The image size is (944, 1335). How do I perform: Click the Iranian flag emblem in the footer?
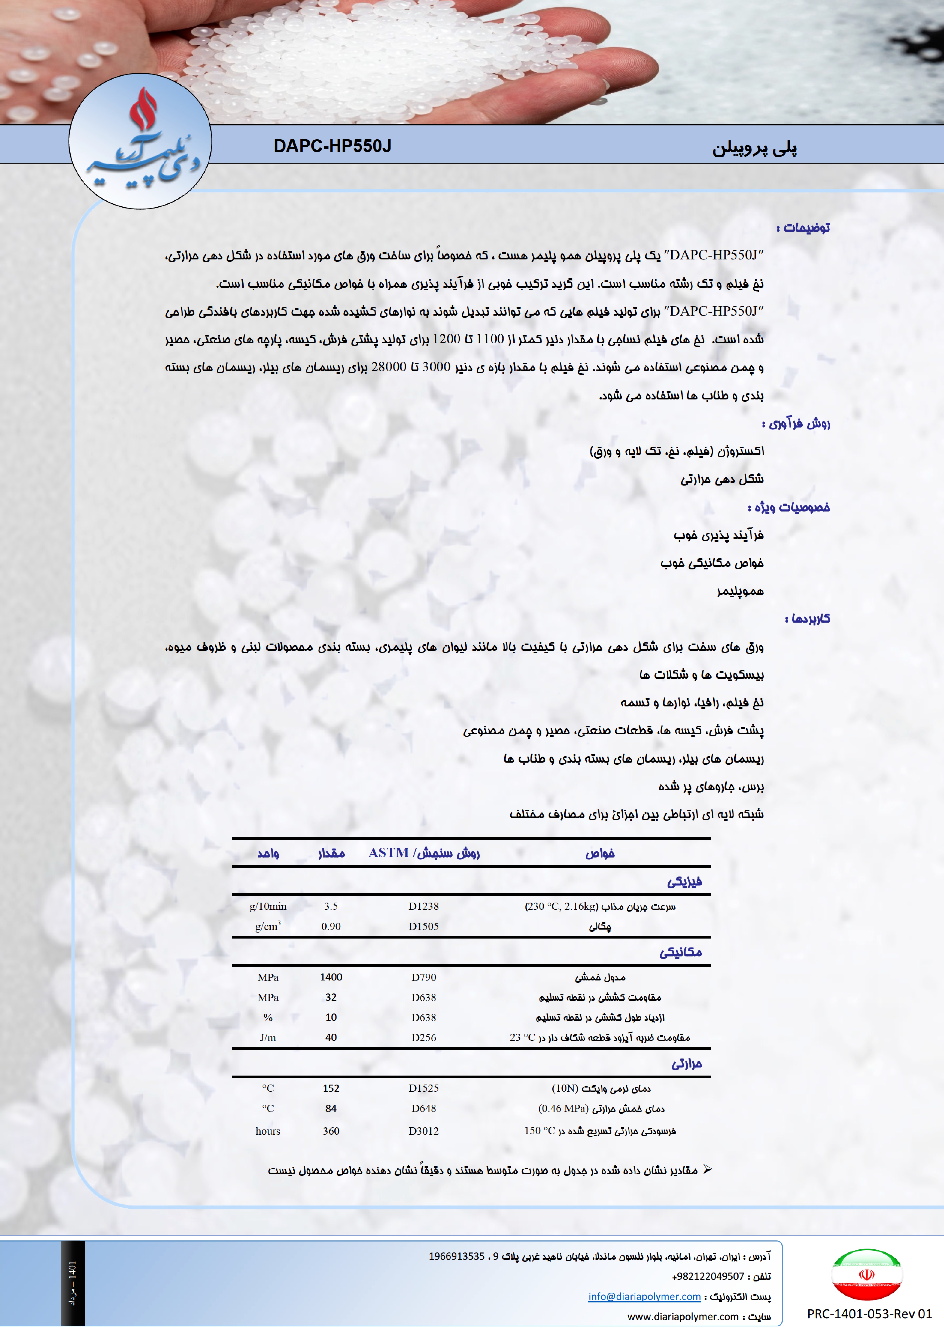[x=867, y=1274]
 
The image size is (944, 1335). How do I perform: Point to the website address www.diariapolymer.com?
[x=682, y=1316]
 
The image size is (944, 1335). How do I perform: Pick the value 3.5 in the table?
[x=331, y=906]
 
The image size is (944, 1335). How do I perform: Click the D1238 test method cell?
[x=423, y=906]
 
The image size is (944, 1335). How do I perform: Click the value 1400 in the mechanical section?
[x=331, y=977]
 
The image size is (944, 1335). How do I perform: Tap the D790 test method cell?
[x=423, y=977]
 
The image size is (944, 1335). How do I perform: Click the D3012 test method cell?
[x=423, y=1131]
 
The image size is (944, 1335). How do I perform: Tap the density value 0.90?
[x=331, y=926]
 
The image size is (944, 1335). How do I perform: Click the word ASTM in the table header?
[x=389, y=853]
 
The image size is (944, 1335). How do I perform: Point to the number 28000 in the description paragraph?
[x=389, y=367]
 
